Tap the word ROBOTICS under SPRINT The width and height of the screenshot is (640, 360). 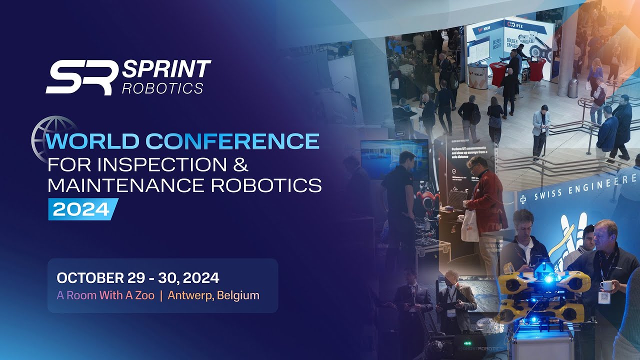click(x=163, y=88)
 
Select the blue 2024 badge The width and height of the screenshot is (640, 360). click(x=82, y=209)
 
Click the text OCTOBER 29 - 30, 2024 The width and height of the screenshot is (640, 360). click(x=138, y=278)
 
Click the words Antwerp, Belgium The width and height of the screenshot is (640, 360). click(x=213, y=295)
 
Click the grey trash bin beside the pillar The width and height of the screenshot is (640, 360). click(x=573, y=88)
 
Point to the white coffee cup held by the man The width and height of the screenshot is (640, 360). click(x=606, y=286)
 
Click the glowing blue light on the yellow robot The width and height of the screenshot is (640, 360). click(x=548, y=279)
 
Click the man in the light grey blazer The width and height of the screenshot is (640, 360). click(x=540, y=125)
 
